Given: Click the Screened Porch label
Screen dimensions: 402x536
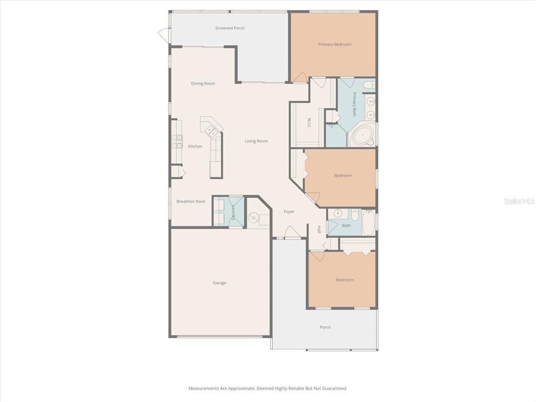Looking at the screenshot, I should click(230, 28).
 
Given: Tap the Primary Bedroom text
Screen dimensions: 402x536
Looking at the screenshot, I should click(334, 44).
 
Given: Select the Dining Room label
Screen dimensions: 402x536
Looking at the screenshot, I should click(203, 84).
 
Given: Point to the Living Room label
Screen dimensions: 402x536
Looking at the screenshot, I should click(256, 141).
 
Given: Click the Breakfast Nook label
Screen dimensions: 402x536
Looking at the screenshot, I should click(191, 202).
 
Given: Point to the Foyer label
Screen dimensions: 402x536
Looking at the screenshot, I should click(289, 212).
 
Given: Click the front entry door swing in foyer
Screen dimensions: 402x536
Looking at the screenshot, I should click(293, 233).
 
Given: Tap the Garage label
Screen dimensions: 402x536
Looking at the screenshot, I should click(219, 283).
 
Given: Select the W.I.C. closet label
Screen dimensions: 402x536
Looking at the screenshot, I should click(309, 123).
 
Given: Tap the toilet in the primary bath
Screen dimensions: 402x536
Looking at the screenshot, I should click(368, 85).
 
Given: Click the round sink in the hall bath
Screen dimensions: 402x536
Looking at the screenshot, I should click(338, 214).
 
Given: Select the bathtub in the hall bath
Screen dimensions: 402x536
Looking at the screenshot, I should click(368, 222).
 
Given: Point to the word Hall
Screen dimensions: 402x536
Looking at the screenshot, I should click(319, 229).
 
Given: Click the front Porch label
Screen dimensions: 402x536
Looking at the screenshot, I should click(325, 328).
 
